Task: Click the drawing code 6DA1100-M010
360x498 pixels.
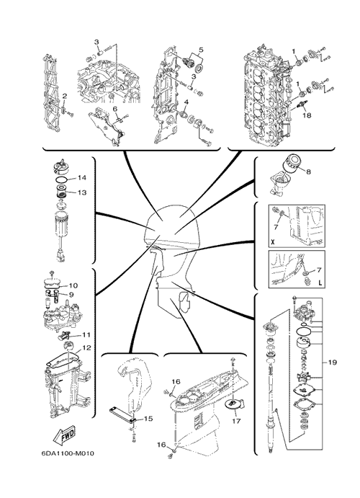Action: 68,453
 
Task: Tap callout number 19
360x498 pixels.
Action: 332,363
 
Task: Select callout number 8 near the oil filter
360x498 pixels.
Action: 308,172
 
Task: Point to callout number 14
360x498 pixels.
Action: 82,178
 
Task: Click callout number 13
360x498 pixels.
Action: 82,192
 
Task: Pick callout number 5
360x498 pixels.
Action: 201,50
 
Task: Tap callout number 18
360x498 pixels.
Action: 307,115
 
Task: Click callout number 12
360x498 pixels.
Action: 86,348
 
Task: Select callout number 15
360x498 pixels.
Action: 148,419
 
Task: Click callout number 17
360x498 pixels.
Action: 236,421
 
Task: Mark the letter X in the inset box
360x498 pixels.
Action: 273,243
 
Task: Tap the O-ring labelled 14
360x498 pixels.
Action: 61,179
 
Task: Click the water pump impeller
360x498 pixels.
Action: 304,378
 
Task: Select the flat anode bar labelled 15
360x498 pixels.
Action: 122,415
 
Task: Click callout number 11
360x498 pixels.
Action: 86,334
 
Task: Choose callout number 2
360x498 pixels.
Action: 64,96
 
